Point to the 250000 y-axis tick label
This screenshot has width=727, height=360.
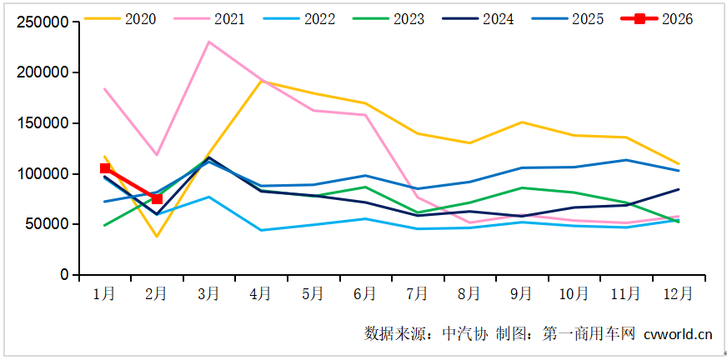[43, 22]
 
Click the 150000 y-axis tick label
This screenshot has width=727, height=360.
[43, 123]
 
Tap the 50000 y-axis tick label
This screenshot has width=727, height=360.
[47, 224]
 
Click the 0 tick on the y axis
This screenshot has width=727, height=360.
[63, 275]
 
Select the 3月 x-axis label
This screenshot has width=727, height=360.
[208, 293]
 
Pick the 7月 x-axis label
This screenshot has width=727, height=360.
[417, 293]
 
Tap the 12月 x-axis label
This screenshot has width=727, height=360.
[677, 293]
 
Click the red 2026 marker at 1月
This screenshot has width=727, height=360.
[105, 168]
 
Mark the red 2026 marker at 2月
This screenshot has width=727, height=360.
[157, 199]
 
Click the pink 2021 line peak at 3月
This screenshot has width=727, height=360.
[208, 42]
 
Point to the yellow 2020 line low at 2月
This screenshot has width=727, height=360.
[157, 237]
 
